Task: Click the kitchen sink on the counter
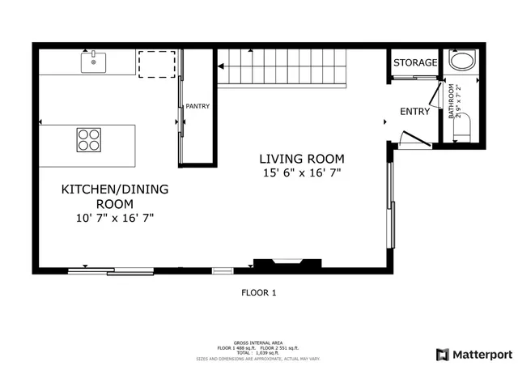coord(93,60)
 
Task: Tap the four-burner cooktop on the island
coord(89,140)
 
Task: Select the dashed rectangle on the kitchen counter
coord(156,65)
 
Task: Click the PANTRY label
coord(198,106)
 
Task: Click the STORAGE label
coord(415,62)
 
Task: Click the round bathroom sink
coord(463,63)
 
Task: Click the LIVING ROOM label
coord(302,159)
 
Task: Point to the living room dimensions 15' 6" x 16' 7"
coord(302,173)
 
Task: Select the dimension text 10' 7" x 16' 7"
coord(115,218)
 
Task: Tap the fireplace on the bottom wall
coord(287,264)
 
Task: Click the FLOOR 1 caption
coord(259,292)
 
